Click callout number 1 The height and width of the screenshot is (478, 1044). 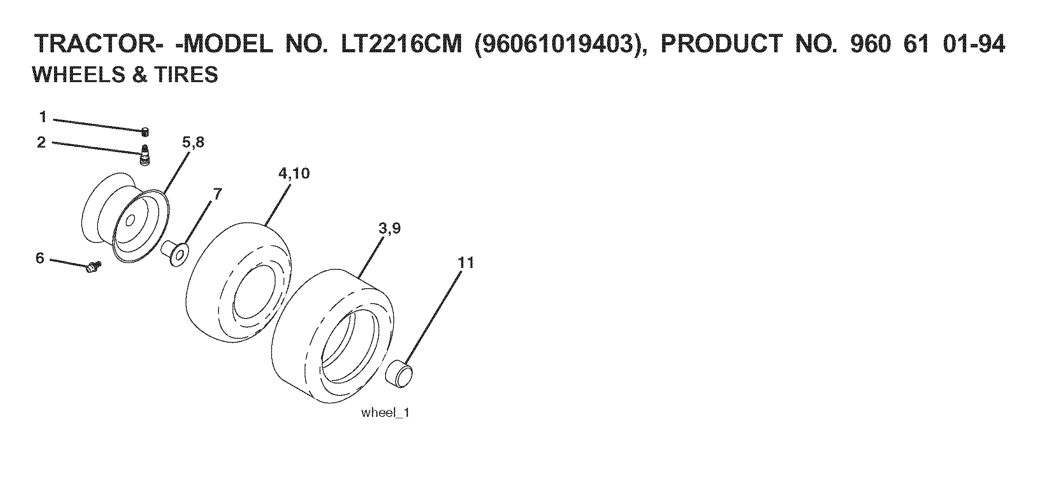43,117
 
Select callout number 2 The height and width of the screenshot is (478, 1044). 42,142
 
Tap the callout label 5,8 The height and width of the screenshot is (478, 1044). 193,143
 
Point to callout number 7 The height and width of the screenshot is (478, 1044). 218,194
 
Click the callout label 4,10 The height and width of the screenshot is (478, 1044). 294,174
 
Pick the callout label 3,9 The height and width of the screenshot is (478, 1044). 389,229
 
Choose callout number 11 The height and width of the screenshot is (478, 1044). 466,263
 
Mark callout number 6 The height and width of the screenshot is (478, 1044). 40,258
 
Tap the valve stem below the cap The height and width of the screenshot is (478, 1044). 145,156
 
